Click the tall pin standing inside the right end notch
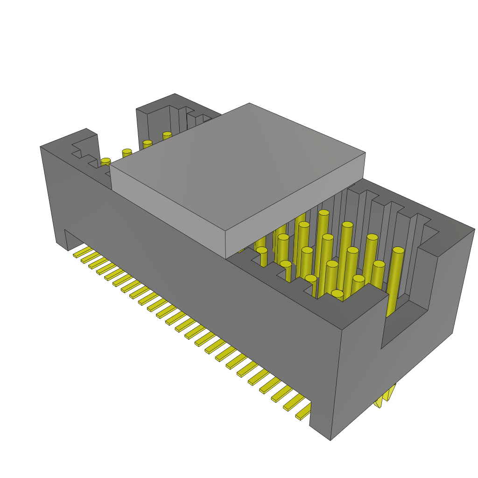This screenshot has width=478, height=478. (x=395, y=280)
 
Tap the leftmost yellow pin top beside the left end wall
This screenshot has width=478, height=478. (x=106, y=161)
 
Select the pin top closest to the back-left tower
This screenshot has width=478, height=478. (x=167, y=135)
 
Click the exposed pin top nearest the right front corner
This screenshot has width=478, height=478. (x=337, y=294)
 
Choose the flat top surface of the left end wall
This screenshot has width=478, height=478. (x=65, y=140)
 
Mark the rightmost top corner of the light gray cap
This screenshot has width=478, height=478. (x=365, y=153)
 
